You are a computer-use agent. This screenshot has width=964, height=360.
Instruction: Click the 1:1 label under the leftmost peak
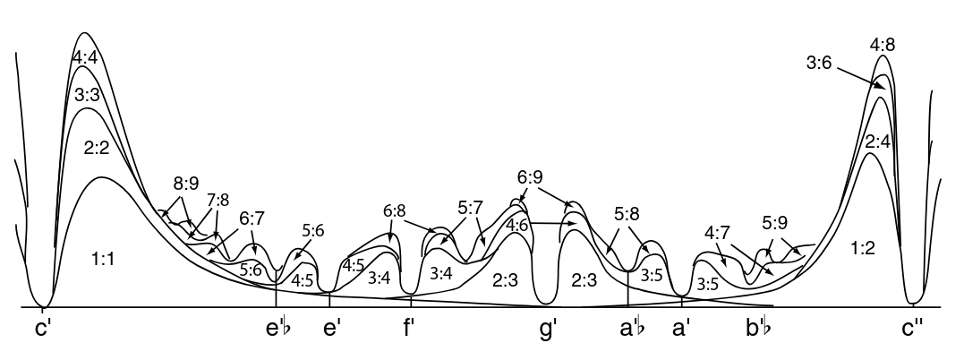coord(103,261)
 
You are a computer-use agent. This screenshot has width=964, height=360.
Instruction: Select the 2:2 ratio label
coord(97,148)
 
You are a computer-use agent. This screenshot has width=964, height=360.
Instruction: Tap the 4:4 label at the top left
coord(85,58)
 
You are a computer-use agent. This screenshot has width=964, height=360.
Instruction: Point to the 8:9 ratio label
coord(185,184)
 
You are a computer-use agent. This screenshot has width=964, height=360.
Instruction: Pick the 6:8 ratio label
coord(394,211)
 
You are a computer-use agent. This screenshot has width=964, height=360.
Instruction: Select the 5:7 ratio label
coord(470,208)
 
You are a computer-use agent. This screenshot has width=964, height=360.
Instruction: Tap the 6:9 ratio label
coord(530,177)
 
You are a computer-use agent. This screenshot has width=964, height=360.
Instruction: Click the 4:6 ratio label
coord(517,225)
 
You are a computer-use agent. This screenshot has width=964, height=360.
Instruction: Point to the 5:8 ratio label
coord(627,215)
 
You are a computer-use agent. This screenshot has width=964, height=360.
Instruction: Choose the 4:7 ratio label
coord(718,233)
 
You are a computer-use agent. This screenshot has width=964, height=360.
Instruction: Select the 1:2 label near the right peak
coord(862,248)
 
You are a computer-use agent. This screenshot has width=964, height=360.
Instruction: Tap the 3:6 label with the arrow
coord(820,62)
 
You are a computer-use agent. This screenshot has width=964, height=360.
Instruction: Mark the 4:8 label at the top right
coord(883,45)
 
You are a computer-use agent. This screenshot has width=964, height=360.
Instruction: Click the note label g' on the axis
coord(549,330)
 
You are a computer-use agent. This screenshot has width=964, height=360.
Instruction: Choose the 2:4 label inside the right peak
coord(877,142)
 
